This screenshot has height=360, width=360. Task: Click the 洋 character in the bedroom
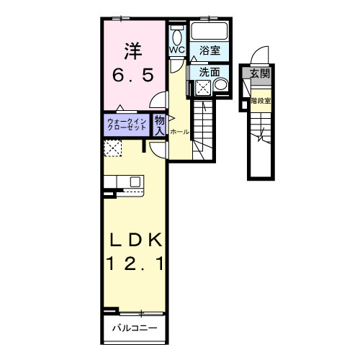point(132,51)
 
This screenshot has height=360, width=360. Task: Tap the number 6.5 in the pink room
point(132,75)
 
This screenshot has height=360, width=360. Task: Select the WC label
point(176,50)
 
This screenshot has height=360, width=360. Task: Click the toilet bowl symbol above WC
point(177,36)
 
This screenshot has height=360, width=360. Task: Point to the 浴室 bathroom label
point(210,50)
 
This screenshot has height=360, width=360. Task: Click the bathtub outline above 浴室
point(210,32)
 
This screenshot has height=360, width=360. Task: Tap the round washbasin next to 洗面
point(220,86)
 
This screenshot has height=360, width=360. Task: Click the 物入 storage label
point(160,125)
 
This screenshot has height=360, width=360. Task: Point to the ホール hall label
point(180,132)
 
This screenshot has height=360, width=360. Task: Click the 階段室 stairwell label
point(261,101)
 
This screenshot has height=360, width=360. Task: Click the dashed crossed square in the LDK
point(113,148)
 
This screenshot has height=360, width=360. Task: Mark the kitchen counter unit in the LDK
point(125,183)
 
